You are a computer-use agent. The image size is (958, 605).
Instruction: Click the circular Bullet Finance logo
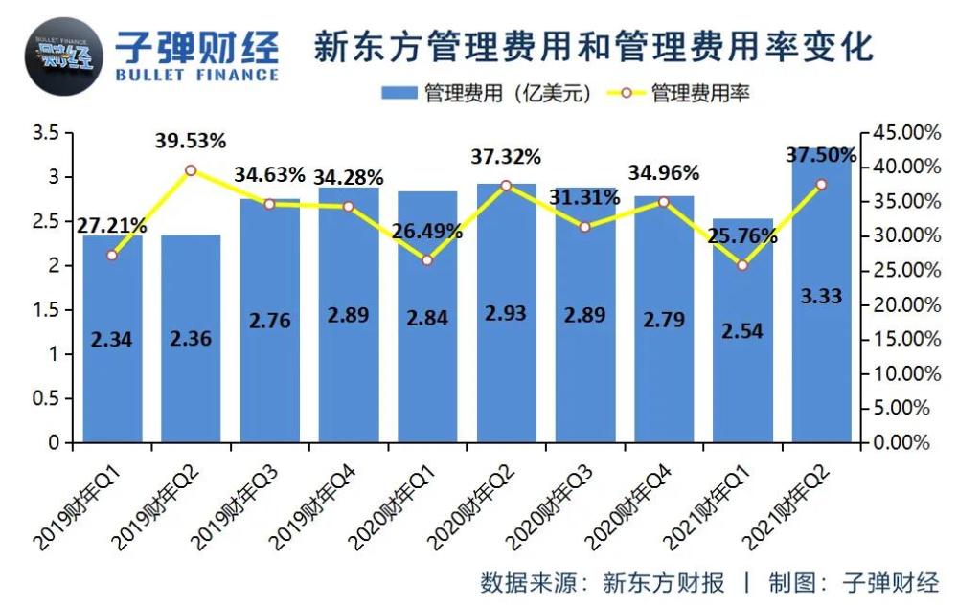63,56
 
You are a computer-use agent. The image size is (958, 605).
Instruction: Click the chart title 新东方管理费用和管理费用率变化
594,47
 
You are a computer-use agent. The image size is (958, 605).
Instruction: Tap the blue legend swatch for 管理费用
400,93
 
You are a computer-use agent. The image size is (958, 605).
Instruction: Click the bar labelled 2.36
191,339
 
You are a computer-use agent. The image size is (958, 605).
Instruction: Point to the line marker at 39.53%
191,170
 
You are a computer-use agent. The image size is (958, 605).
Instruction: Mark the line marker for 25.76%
742,265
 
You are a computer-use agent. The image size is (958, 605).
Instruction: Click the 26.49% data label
427,232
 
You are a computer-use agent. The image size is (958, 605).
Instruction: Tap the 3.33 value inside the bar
821,296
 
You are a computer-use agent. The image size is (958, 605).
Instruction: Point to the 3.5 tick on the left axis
45,133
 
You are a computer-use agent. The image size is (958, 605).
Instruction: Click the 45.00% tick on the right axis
906,132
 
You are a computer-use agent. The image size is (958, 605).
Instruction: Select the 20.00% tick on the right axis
906,304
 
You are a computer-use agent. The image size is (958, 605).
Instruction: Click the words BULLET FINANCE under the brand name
196,75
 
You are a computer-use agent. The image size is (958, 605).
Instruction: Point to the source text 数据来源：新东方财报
602,583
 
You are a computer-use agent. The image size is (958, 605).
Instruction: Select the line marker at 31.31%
584,227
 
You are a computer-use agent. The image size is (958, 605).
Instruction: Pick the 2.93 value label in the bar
506,313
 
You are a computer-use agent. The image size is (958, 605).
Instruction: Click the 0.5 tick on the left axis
45,398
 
